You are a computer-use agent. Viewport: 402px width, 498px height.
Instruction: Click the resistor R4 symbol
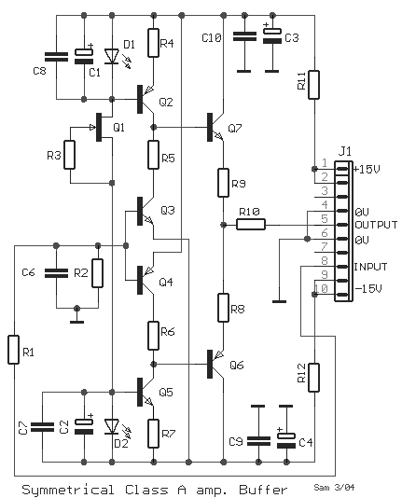tap(154, 43)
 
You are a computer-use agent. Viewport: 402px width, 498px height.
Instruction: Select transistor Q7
tap(215, 127)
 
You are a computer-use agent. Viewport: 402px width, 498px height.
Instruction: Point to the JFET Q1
tap(101, 127)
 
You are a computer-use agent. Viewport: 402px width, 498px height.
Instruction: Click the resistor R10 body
tap(251, 225)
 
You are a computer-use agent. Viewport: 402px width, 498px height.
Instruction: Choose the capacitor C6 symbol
tap(56, 273)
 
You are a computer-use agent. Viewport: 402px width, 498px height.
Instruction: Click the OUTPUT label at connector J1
tap(376, 225)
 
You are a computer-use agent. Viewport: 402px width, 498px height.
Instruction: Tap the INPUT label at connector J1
tap(370, 267)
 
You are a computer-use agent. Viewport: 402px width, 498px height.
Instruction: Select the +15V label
tap(367, 170)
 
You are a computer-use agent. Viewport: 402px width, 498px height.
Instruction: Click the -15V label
tap(368, 289)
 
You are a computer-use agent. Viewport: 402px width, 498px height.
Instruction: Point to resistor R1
tap(13, 350)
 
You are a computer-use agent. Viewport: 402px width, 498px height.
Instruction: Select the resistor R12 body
tap(314, 378)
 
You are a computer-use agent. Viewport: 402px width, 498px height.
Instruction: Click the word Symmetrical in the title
tap(68, 490)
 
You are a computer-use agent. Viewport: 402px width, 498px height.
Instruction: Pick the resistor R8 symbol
tap(223, 308)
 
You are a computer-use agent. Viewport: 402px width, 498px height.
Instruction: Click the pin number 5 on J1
tap(325, 219)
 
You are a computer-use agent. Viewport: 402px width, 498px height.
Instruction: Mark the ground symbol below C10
tap(243, 71)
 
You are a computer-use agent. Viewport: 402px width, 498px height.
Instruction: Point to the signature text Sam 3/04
tap(334, 487)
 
